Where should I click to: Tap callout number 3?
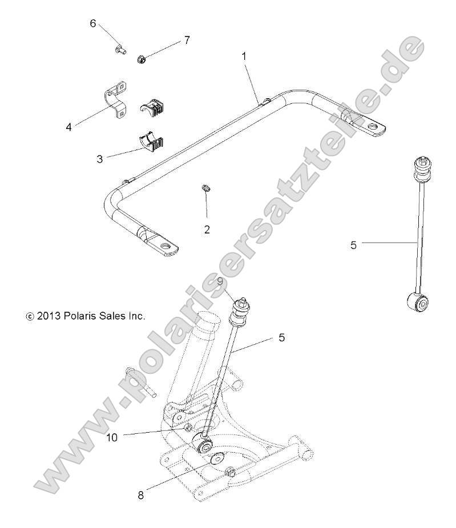click(x=100, y=158)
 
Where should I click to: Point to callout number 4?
click(x=68, y=127)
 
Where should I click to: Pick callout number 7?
click(x=186, y=40)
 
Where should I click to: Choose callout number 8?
click(x=140, y=494)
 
